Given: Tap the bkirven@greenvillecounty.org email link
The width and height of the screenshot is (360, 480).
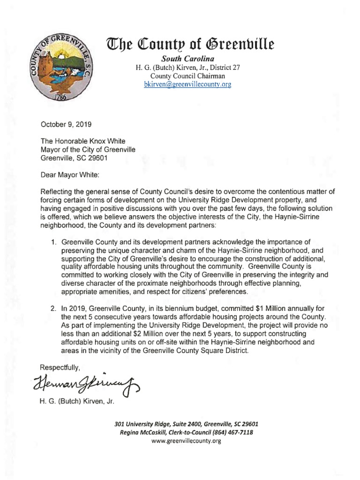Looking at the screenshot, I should [x=187, y=85].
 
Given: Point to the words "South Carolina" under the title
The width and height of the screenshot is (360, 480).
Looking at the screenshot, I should [x=187, y=59].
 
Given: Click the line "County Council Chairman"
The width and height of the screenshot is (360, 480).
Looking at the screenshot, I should [x=187, y=76].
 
